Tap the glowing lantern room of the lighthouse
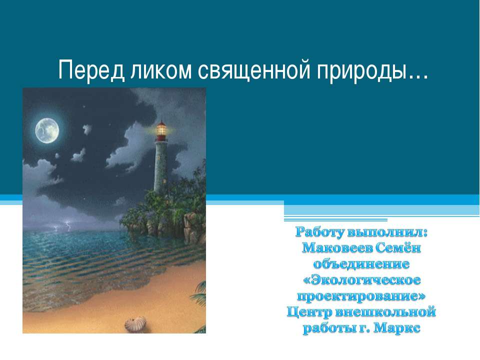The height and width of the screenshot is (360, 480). [161, 130]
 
